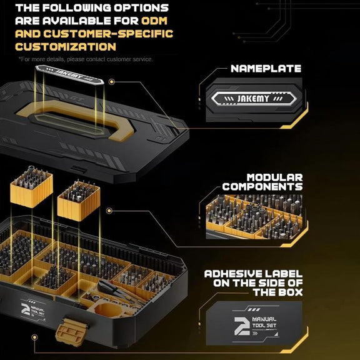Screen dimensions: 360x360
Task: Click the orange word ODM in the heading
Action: pos(154,21)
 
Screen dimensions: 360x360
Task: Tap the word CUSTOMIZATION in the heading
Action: pos(66,47)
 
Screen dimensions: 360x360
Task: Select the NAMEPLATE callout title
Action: pos(266,68)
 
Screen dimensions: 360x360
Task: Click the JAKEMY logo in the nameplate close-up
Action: pos(253,99)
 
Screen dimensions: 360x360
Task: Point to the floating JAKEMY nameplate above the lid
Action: pos(69,74)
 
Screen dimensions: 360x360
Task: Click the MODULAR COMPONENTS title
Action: pos(262,182)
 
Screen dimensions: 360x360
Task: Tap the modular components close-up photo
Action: pos(254,216)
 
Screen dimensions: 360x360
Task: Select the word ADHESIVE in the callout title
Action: pos(232,274)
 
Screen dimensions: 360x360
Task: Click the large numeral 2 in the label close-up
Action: pos(242,326)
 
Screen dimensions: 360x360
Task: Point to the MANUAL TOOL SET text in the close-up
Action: pos(264,322)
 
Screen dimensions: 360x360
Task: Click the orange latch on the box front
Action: pos(72,332)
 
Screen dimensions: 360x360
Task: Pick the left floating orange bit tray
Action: pos(32,187)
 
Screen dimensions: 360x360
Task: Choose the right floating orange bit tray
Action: pos(79,201)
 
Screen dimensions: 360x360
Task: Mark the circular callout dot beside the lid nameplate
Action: pos(112,82)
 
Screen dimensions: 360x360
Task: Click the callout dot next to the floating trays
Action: pos(109,211)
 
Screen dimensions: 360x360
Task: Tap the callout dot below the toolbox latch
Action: pos(34,337)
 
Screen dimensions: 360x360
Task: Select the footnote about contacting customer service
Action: pos(86,59)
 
